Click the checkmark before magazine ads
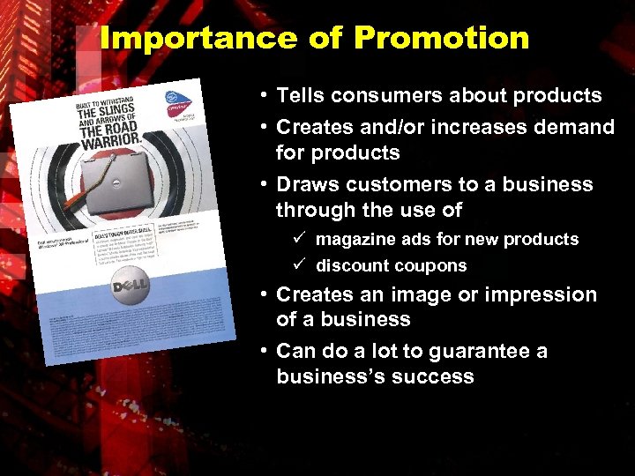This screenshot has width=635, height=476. [299, 239]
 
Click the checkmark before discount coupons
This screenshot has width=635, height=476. [299, 265]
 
